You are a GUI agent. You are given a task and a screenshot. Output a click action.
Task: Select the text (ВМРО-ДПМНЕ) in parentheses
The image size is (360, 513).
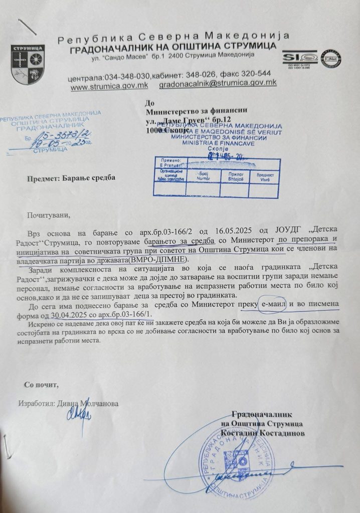[x=158, y=260]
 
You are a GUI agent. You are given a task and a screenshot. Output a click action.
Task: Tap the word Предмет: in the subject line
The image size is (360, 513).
[x=47, y=178]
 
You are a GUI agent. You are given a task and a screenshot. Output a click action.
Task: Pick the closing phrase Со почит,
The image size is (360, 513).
[x=42, y=385]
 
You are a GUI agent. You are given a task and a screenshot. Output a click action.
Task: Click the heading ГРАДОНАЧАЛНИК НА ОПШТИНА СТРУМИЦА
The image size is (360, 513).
[x=172, y=47]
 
